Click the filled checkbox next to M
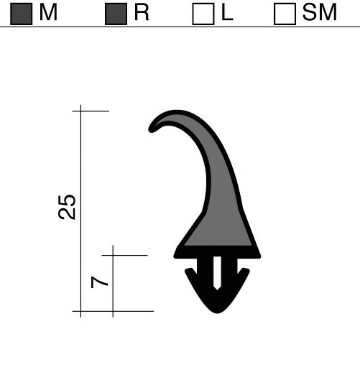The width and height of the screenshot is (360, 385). [22, 14]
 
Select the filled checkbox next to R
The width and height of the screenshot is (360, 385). [116, 14]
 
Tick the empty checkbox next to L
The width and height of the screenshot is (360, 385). [203, 14]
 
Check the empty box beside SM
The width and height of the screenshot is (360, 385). [285, 14]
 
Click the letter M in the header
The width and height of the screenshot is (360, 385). [48, 12]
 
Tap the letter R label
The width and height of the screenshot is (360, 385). [142, 12]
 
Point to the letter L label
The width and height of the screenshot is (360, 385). [227, 12]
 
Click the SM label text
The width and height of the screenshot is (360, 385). [320, 12]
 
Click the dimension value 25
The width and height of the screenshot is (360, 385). [67, 207]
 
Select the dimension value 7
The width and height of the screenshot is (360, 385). [99, 282]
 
